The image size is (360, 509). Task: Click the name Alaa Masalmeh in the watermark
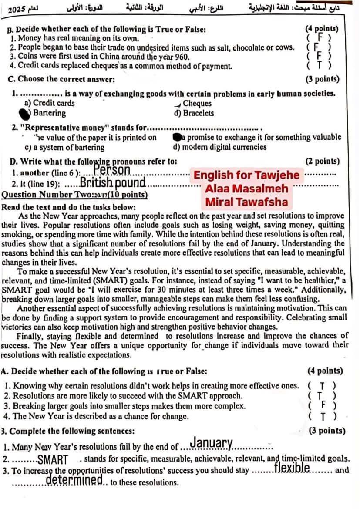click(x=247, y=189)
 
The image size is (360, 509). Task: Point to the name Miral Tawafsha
click(x=246, y=202)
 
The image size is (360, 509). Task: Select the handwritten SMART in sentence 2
click(x=53, y=459)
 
